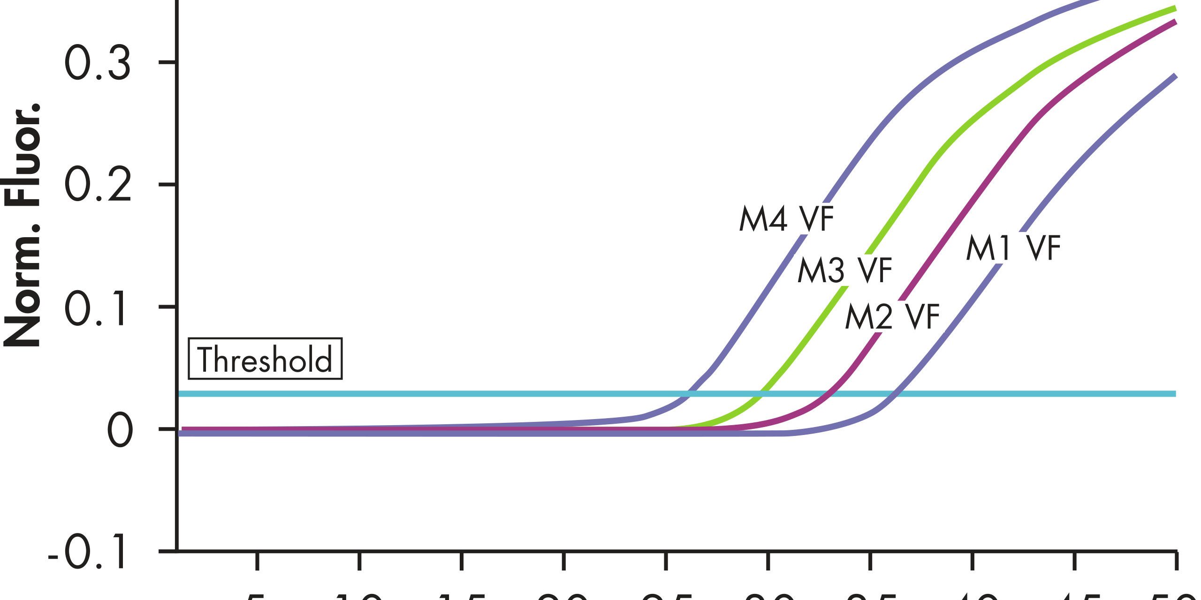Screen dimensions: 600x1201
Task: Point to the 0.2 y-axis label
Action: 97,186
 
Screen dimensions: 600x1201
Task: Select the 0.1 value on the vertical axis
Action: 95,308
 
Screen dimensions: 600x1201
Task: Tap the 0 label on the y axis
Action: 120,431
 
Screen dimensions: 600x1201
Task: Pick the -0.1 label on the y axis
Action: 88,553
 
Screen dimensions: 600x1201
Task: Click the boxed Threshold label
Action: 265,359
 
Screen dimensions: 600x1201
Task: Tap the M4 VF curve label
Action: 786,219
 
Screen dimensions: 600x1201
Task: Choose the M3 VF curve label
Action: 844,270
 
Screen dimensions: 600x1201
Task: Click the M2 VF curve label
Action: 892,317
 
